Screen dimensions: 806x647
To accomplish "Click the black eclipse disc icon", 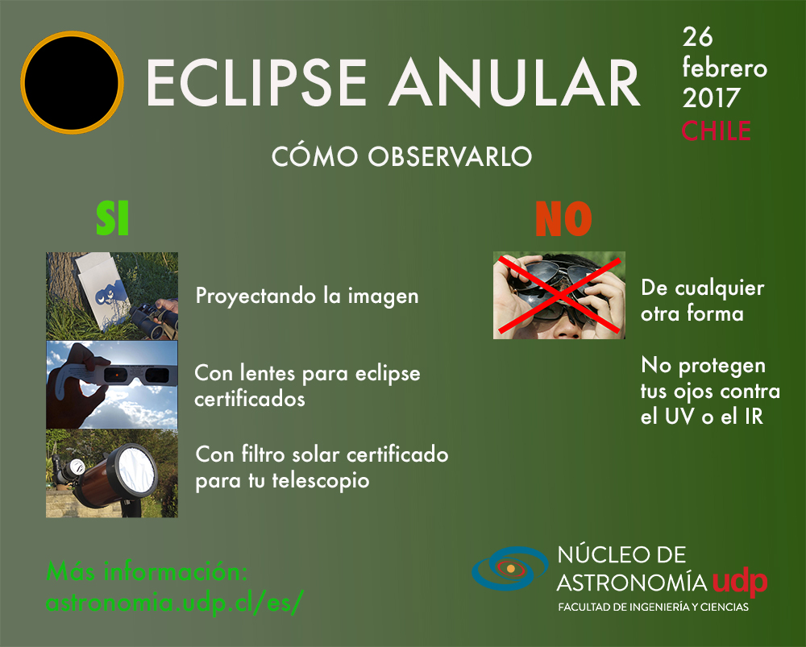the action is coord(72,82).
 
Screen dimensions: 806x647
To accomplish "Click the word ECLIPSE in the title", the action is coord(256,82).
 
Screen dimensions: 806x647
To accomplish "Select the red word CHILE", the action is coord(716,131).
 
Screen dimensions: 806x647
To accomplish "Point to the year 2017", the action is coord(711,97).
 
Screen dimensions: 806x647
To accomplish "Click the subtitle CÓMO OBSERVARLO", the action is coord(402,156).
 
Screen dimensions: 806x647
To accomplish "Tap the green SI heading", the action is coord(113,218).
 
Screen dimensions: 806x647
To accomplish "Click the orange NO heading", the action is coord(564,219).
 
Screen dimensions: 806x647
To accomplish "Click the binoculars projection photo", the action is coord(112,296).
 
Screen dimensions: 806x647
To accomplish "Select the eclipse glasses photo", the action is coord(112,384).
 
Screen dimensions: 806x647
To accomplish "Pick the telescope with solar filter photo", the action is coord(112,473).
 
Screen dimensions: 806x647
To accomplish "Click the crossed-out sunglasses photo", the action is coord(559,296).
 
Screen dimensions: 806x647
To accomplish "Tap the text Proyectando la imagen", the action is coord(307,297).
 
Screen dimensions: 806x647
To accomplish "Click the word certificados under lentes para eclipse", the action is coord(250,400).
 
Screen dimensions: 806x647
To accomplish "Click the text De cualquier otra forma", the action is coord(702,301).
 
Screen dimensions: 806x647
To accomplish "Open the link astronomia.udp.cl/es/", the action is coord(175,602).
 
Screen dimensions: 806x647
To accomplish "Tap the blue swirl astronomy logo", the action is coord(510,568).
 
